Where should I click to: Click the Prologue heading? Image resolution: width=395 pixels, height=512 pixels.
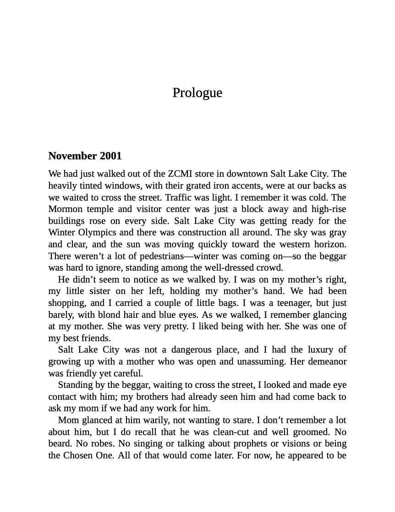pyautogui.click(x=197, y=93)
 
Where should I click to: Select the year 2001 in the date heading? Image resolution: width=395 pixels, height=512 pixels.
pyautogui.click(x=111, y=156)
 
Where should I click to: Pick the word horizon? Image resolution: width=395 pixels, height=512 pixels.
pyautogui.click(x=329, y=245)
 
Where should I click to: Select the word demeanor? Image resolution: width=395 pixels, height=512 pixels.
pyautogui.click(x=327, y=362)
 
